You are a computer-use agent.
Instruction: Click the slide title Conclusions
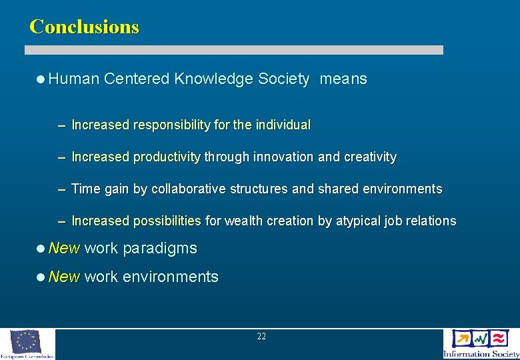84,27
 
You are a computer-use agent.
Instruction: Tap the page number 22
261,337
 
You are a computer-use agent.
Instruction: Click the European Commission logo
27,344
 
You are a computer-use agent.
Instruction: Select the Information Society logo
481,343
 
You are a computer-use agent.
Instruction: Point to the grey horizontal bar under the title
234,50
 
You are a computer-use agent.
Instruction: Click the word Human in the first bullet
73,79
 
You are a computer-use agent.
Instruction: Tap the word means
343,79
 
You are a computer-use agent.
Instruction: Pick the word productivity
167,157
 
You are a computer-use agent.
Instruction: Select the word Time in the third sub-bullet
84,189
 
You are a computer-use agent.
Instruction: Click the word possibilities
167,221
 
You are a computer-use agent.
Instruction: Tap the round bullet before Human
41,79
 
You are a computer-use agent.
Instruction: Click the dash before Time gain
61,189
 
